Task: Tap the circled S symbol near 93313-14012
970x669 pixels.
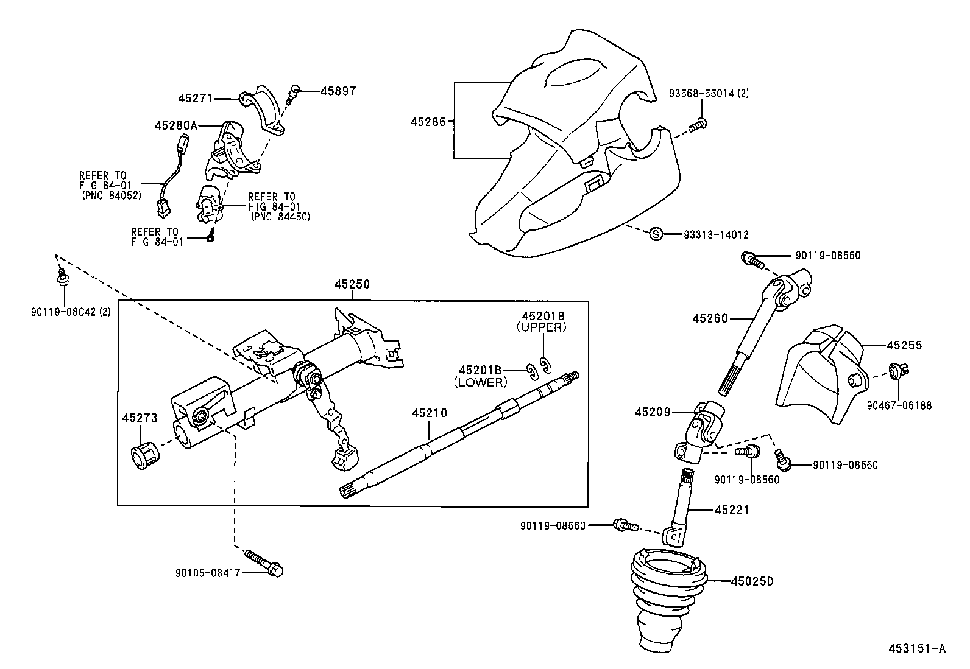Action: point(656,234)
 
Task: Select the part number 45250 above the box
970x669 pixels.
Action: point(352,284)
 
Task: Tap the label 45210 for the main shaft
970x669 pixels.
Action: point(429,413)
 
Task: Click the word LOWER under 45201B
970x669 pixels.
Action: point(481,382)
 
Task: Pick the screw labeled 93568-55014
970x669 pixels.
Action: point(698,125)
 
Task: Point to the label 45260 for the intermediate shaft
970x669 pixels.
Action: point(710,318)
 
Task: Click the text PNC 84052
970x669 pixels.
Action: point(111,196)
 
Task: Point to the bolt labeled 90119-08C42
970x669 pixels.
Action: point(62,279)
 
